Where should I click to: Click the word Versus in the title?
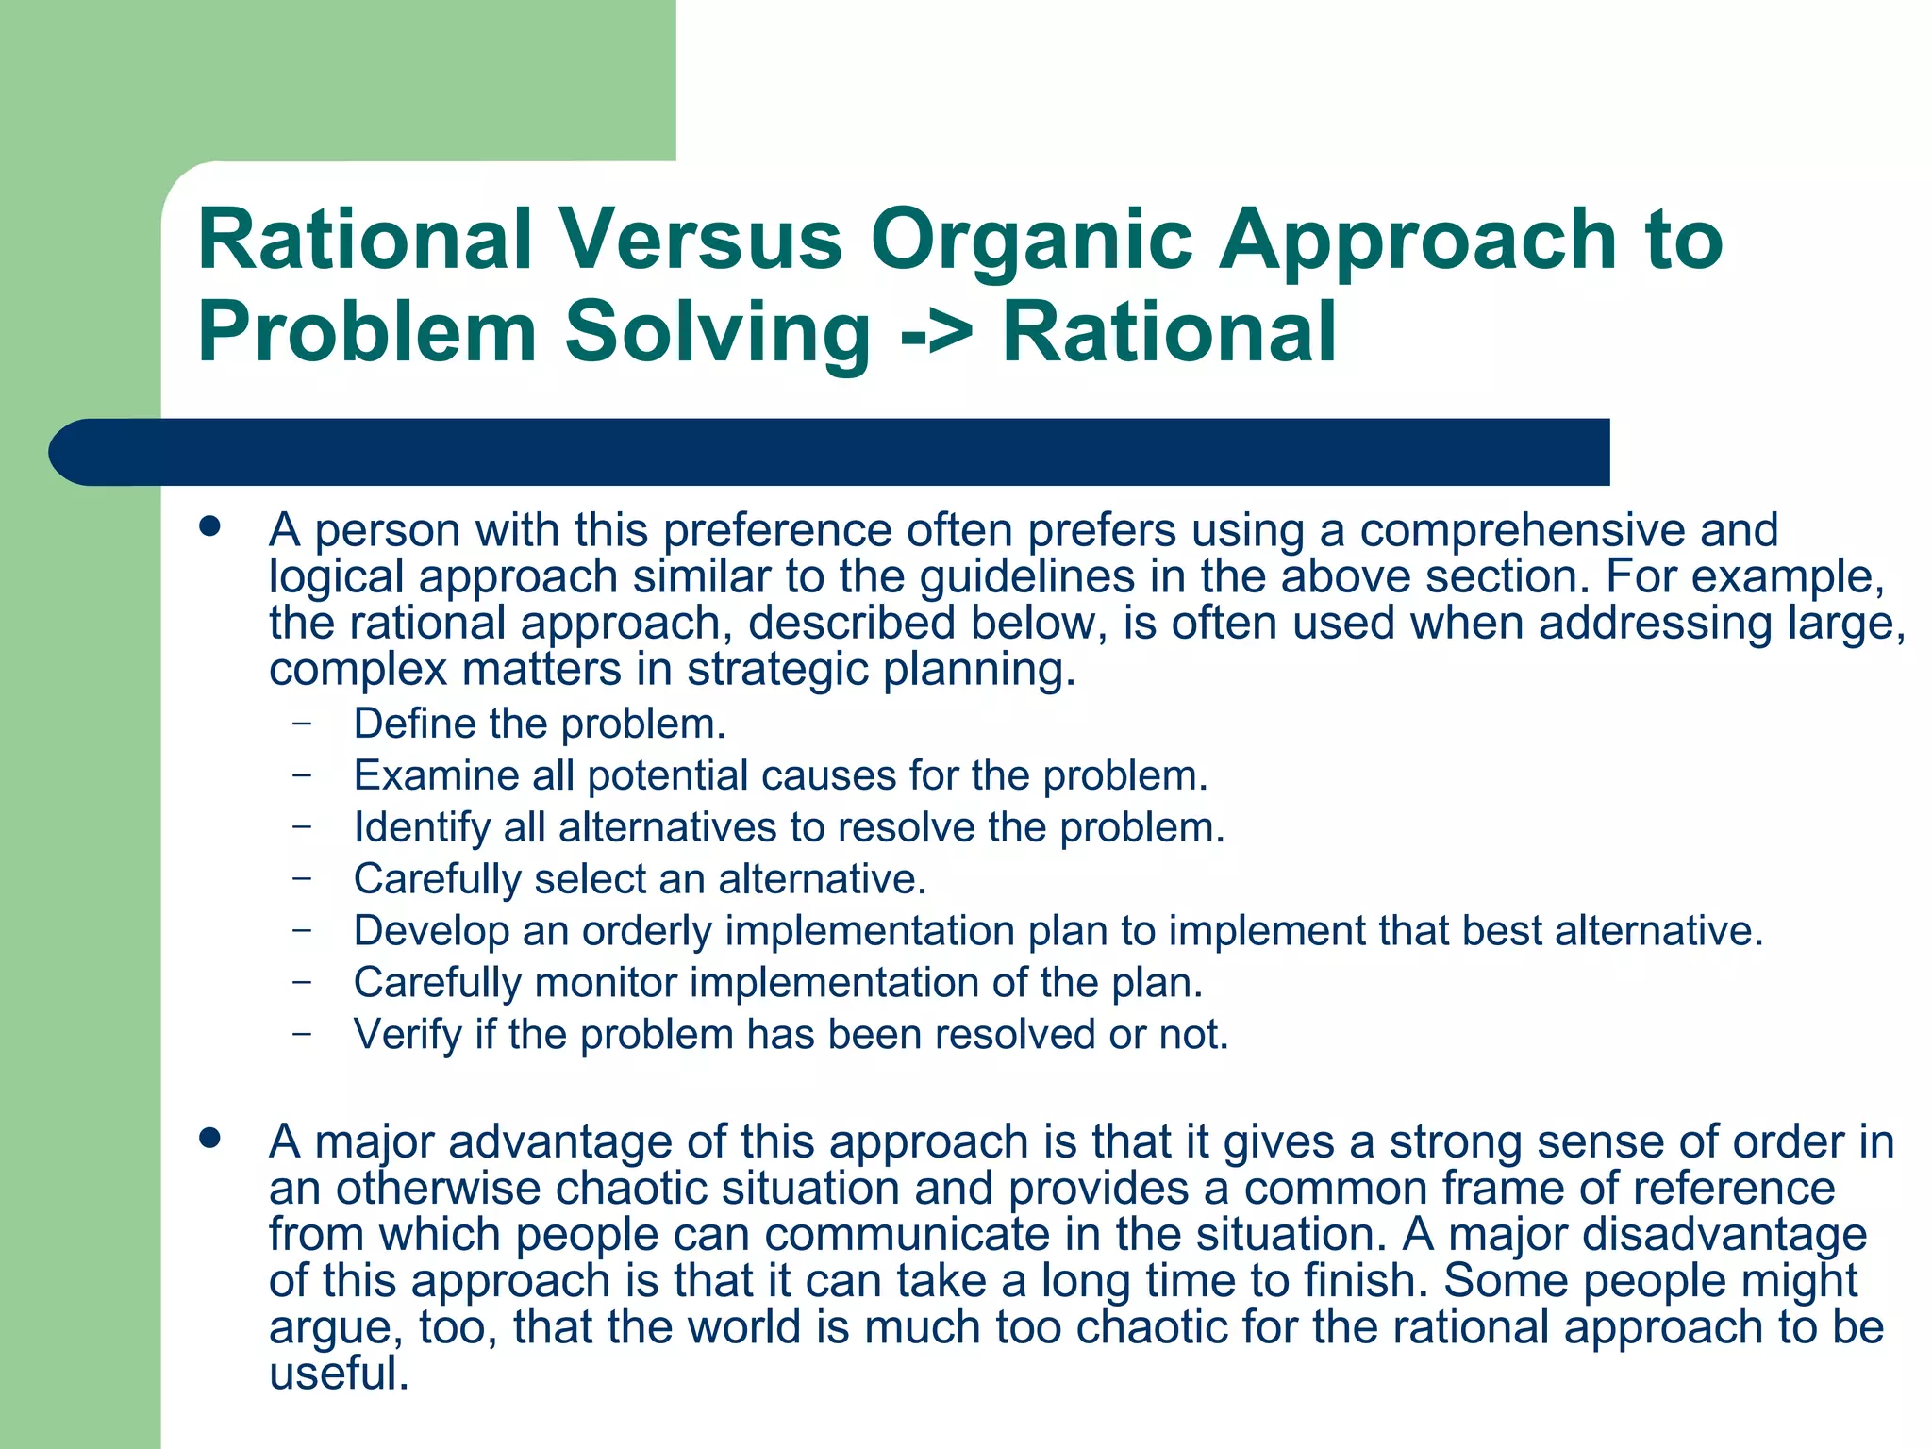701,240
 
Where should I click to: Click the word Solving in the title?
717,332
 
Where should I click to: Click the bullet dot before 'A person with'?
210,526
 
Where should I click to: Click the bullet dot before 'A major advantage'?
210,1138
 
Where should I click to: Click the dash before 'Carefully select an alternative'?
302,877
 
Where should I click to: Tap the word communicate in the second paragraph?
908,1235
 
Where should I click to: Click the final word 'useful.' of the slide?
339,1374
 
